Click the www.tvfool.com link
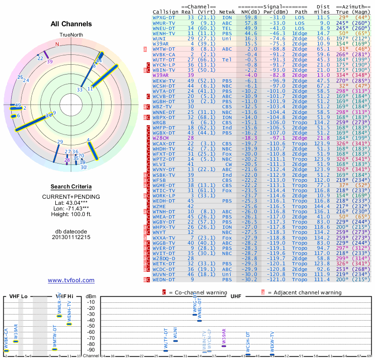(71, 280)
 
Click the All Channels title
(71, 24)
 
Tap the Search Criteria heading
(71, 187)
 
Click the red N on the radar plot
(57, 44)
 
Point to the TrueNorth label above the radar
(71, 35)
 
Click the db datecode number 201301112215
(71, 237)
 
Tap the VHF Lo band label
(18, 296)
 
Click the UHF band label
(236, 296)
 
